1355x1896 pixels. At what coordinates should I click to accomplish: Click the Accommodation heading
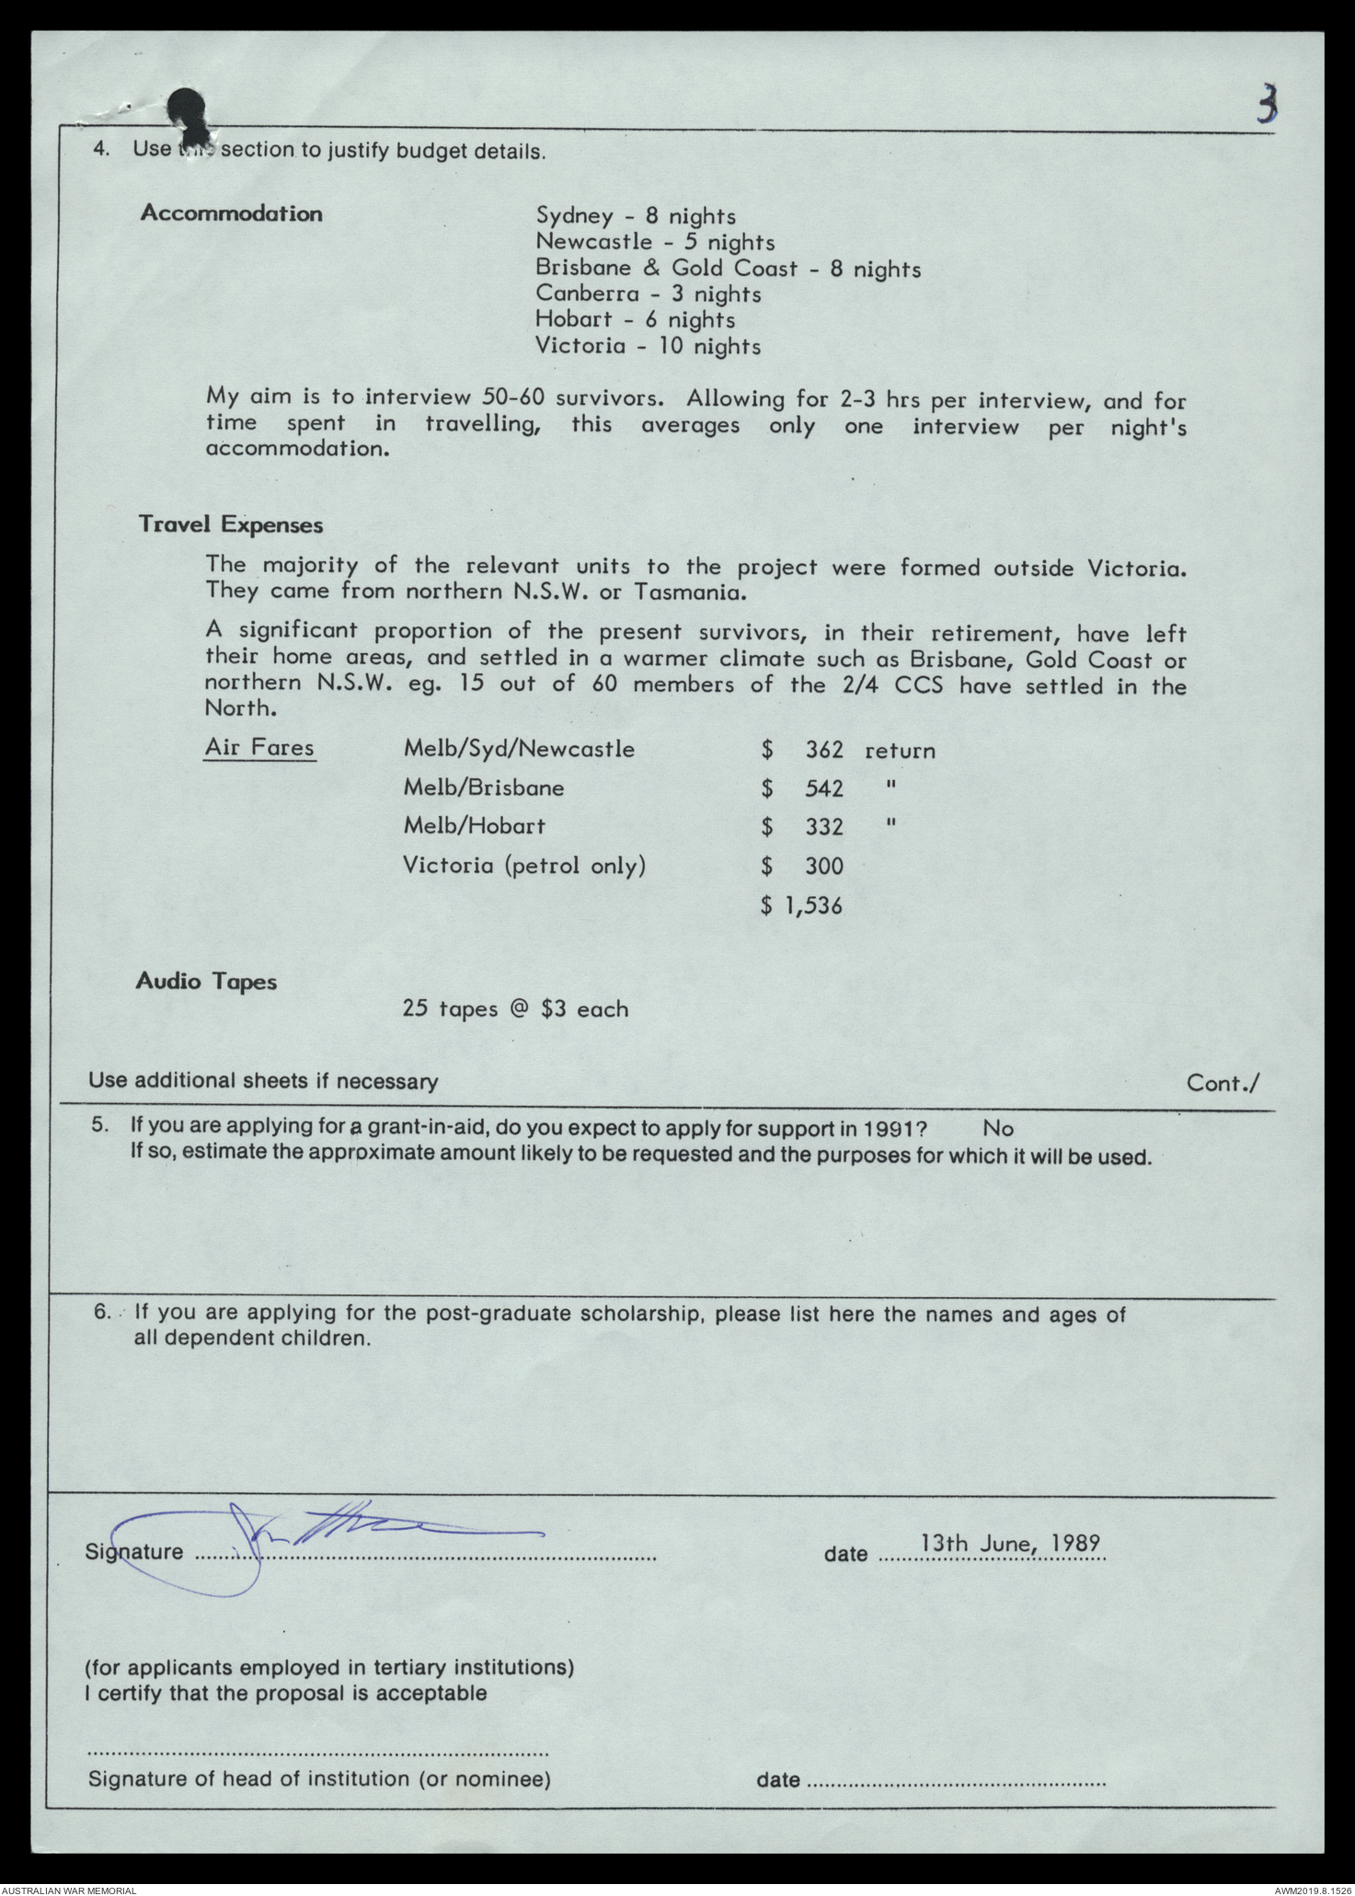click(231, 213)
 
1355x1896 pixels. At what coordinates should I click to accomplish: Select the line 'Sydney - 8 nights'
click(636, 216)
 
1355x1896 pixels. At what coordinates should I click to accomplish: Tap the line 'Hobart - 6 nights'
click(636, 320)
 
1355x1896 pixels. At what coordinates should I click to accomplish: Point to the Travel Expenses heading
click(231, 524)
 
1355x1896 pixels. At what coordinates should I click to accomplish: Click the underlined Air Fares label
click(259, 747)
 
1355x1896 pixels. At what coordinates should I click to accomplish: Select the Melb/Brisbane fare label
click(484, 787)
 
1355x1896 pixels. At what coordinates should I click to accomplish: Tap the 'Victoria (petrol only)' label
click(524, 866)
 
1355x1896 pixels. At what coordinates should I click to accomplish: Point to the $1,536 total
click(802, 906)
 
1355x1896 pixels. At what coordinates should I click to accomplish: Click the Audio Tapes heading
click(206, 981)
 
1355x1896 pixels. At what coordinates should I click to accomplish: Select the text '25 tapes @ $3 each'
click(515, 1009)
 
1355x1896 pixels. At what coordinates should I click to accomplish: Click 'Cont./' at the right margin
click(1223, 1083)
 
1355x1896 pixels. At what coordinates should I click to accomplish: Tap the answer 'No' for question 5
click(998, 1128)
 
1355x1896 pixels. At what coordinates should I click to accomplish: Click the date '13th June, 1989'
click(1011, 1543)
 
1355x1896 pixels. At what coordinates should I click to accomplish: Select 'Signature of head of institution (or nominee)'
click(319, 1779)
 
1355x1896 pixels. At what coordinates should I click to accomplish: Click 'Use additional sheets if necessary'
click(263, 1081)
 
